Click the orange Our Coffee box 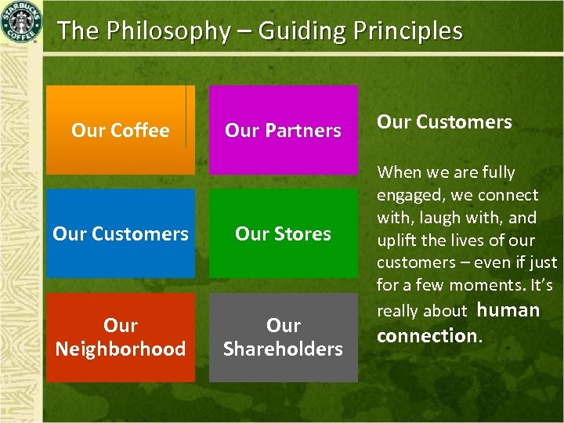(120, 130)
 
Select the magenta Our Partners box (283, 130)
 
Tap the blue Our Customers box (120, 233)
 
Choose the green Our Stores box (283, 233)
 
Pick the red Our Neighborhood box (120, 337)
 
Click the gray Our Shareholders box (283, 337)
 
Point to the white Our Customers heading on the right (444, 121)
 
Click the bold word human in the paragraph (508, 310)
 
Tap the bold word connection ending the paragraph (426, 336)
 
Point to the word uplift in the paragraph (399, 240)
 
